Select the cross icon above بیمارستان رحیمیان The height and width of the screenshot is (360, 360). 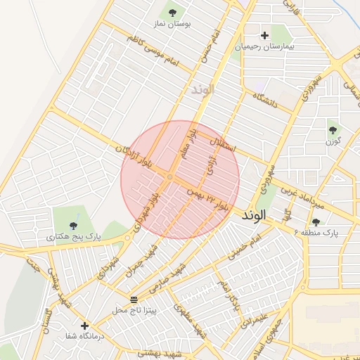264,35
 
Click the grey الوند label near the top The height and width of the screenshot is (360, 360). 202,90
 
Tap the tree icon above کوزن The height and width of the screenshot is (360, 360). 333,129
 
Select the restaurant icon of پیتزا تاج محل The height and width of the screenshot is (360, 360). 134,300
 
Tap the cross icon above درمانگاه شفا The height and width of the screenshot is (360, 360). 84,326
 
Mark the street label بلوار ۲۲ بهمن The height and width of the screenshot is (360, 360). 209,199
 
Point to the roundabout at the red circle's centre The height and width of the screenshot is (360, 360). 170,177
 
